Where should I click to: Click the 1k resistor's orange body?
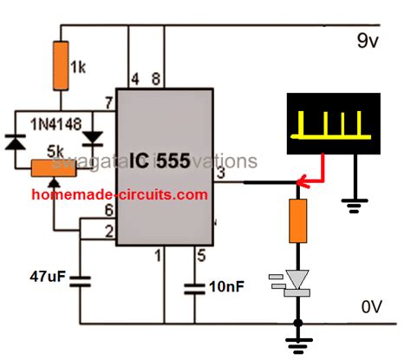click(60, 65)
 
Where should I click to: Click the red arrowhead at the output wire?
click(300, 181)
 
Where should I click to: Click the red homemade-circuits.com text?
click(121, 195)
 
